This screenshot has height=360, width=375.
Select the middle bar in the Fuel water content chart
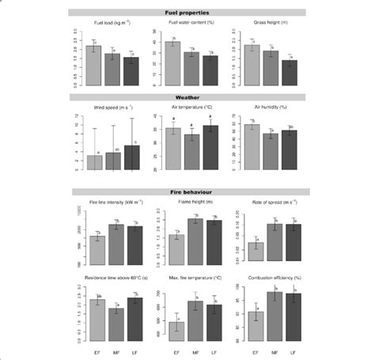(x=190, y=67)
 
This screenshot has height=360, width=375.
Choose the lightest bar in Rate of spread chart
(x=256, y=253)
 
